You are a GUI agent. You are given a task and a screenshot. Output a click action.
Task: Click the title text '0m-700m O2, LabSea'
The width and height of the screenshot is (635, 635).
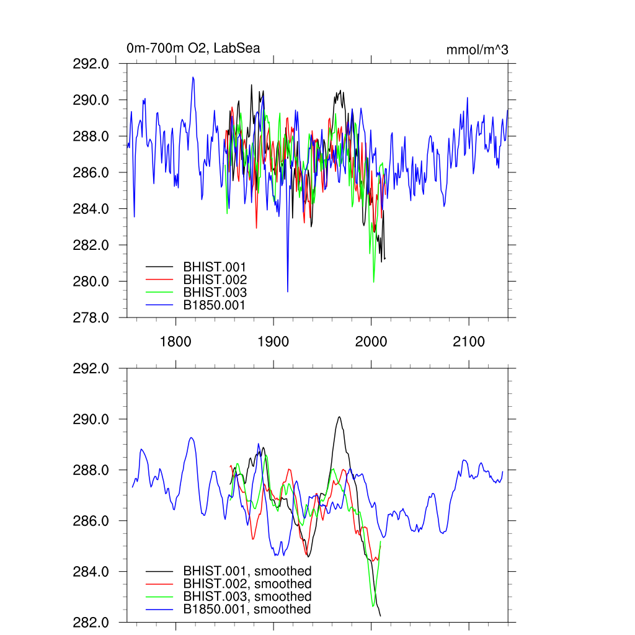[193, 48]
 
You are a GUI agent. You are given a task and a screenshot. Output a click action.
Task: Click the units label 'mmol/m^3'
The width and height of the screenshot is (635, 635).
[477, 50]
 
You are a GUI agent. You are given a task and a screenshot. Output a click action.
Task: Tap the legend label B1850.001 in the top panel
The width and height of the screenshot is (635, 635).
[215, 305]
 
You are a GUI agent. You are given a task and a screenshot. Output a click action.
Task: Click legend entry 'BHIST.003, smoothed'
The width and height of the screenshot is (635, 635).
[247, 596]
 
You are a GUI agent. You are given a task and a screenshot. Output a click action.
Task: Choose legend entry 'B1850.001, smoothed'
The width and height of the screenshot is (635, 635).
[247, 609]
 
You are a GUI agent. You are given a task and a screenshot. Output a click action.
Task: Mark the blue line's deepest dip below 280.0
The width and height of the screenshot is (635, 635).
[288, 291]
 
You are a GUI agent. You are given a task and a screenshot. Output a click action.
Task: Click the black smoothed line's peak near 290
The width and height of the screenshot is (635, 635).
[339, 417]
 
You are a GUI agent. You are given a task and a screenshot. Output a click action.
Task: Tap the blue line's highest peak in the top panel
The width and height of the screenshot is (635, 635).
[193, 78]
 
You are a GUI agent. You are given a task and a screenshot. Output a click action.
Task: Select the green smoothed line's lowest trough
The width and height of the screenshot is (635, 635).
[373, 606]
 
